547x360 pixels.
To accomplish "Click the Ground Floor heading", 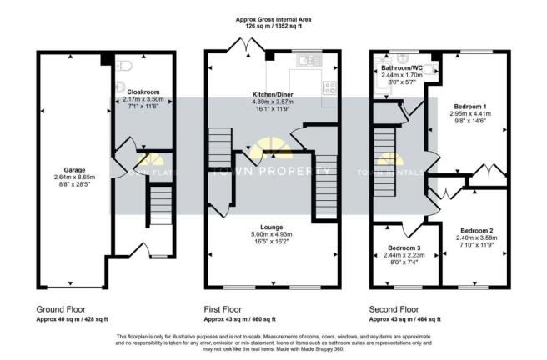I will point(60,307).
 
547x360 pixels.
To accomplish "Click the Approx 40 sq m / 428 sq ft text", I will point(73,320).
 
